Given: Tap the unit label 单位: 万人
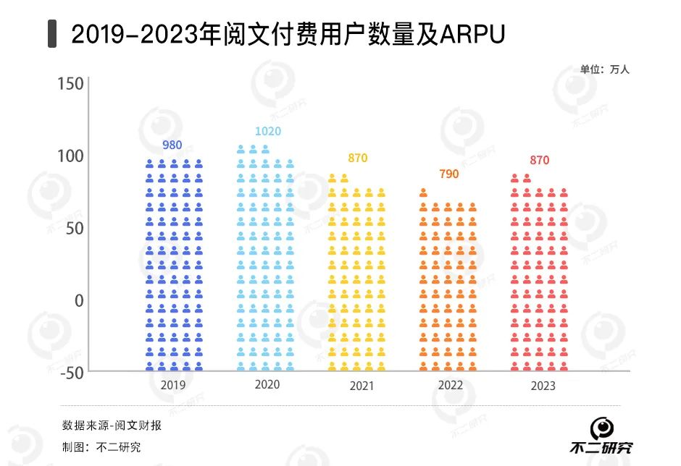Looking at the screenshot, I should [x=605, y=69].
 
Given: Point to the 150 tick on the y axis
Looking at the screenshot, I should [x=71, y=84].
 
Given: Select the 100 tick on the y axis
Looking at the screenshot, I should [x=71, y=156].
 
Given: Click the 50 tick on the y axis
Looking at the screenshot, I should [x=75, y=228].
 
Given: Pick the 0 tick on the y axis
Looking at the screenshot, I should [x=79, y=300].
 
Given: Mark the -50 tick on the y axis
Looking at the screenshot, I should [x=71, y=372].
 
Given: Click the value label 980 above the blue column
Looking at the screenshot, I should [x=172, y=145].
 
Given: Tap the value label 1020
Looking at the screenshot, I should [x=267, y=131].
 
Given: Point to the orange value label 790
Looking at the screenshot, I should [x=448, y=174].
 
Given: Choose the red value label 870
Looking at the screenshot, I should [x=540, y=160].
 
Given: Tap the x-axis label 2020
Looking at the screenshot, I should [x=267, y=384].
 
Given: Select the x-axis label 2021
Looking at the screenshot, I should [x=361, y=386].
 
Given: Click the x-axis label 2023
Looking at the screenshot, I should [x=543, y=386].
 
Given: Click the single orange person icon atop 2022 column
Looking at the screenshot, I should [x=423, y=192].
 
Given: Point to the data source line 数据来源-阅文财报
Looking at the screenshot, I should [x=112, y=425].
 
